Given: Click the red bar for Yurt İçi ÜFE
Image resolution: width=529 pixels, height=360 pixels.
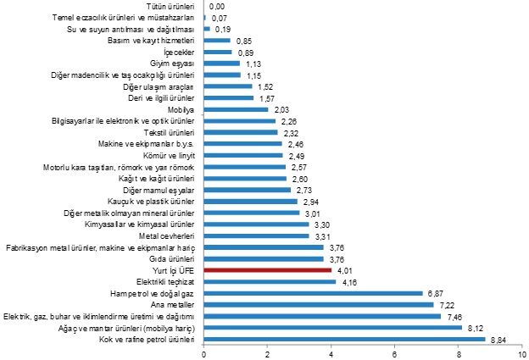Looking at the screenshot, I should click(x=267, y=270).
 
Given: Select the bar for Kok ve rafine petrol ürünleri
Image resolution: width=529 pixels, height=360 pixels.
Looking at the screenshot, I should click(x=344, y=339).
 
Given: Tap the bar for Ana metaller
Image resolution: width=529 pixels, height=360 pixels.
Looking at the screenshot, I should click(x=318, y=304).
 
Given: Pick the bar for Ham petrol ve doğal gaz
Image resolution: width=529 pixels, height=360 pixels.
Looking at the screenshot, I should click(x=313, y=293).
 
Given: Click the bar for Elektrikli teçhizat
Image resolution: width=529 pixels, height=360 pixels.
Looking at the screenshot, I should click(x=270, y=281).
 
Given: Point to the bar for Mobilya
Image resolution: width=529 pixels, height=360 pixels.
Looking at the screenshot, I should click(x=236, y=109).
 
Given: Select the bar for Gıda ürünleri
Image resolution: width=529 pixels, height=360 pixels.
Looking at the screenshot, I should click(x=263, y=258).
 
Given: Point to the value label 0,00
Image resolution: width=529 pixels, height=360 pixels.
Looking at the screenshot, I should click(x=216, y=6).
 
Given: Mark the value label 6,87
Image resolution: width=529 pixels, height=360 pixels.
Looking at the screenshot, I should click(x=435, y=293).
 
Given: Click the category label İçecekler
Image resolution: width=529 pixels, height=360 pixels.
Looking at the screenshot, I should click(x=179, y=52).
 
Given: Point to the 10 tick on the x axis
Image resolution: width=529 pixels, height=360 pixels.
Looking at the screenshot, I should click(x=522, y=353).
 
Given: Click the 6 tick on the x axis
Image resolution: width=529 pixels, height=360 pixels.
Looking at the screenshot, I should click(x=395, y=353).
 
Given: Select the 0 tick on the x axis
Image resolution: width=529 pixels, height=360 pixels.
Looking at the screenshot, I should click(x=203, y=353).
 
